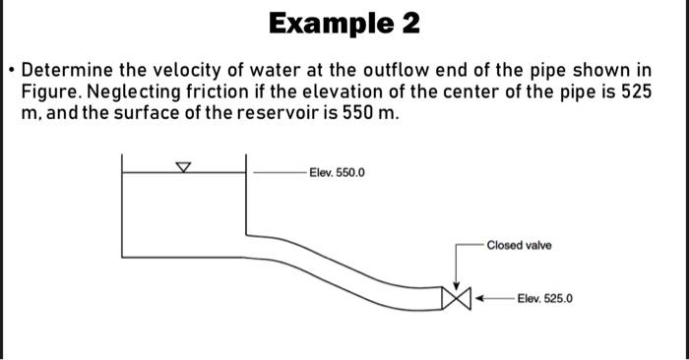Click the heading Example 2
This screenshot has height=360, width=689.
coord(344,24)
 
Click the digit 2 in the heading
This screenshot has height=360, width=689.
coord(408,24)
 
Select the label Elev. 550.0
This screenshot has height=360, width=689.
coord(336,173)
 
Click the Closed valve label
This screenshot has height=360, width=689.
coord(519,245)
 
